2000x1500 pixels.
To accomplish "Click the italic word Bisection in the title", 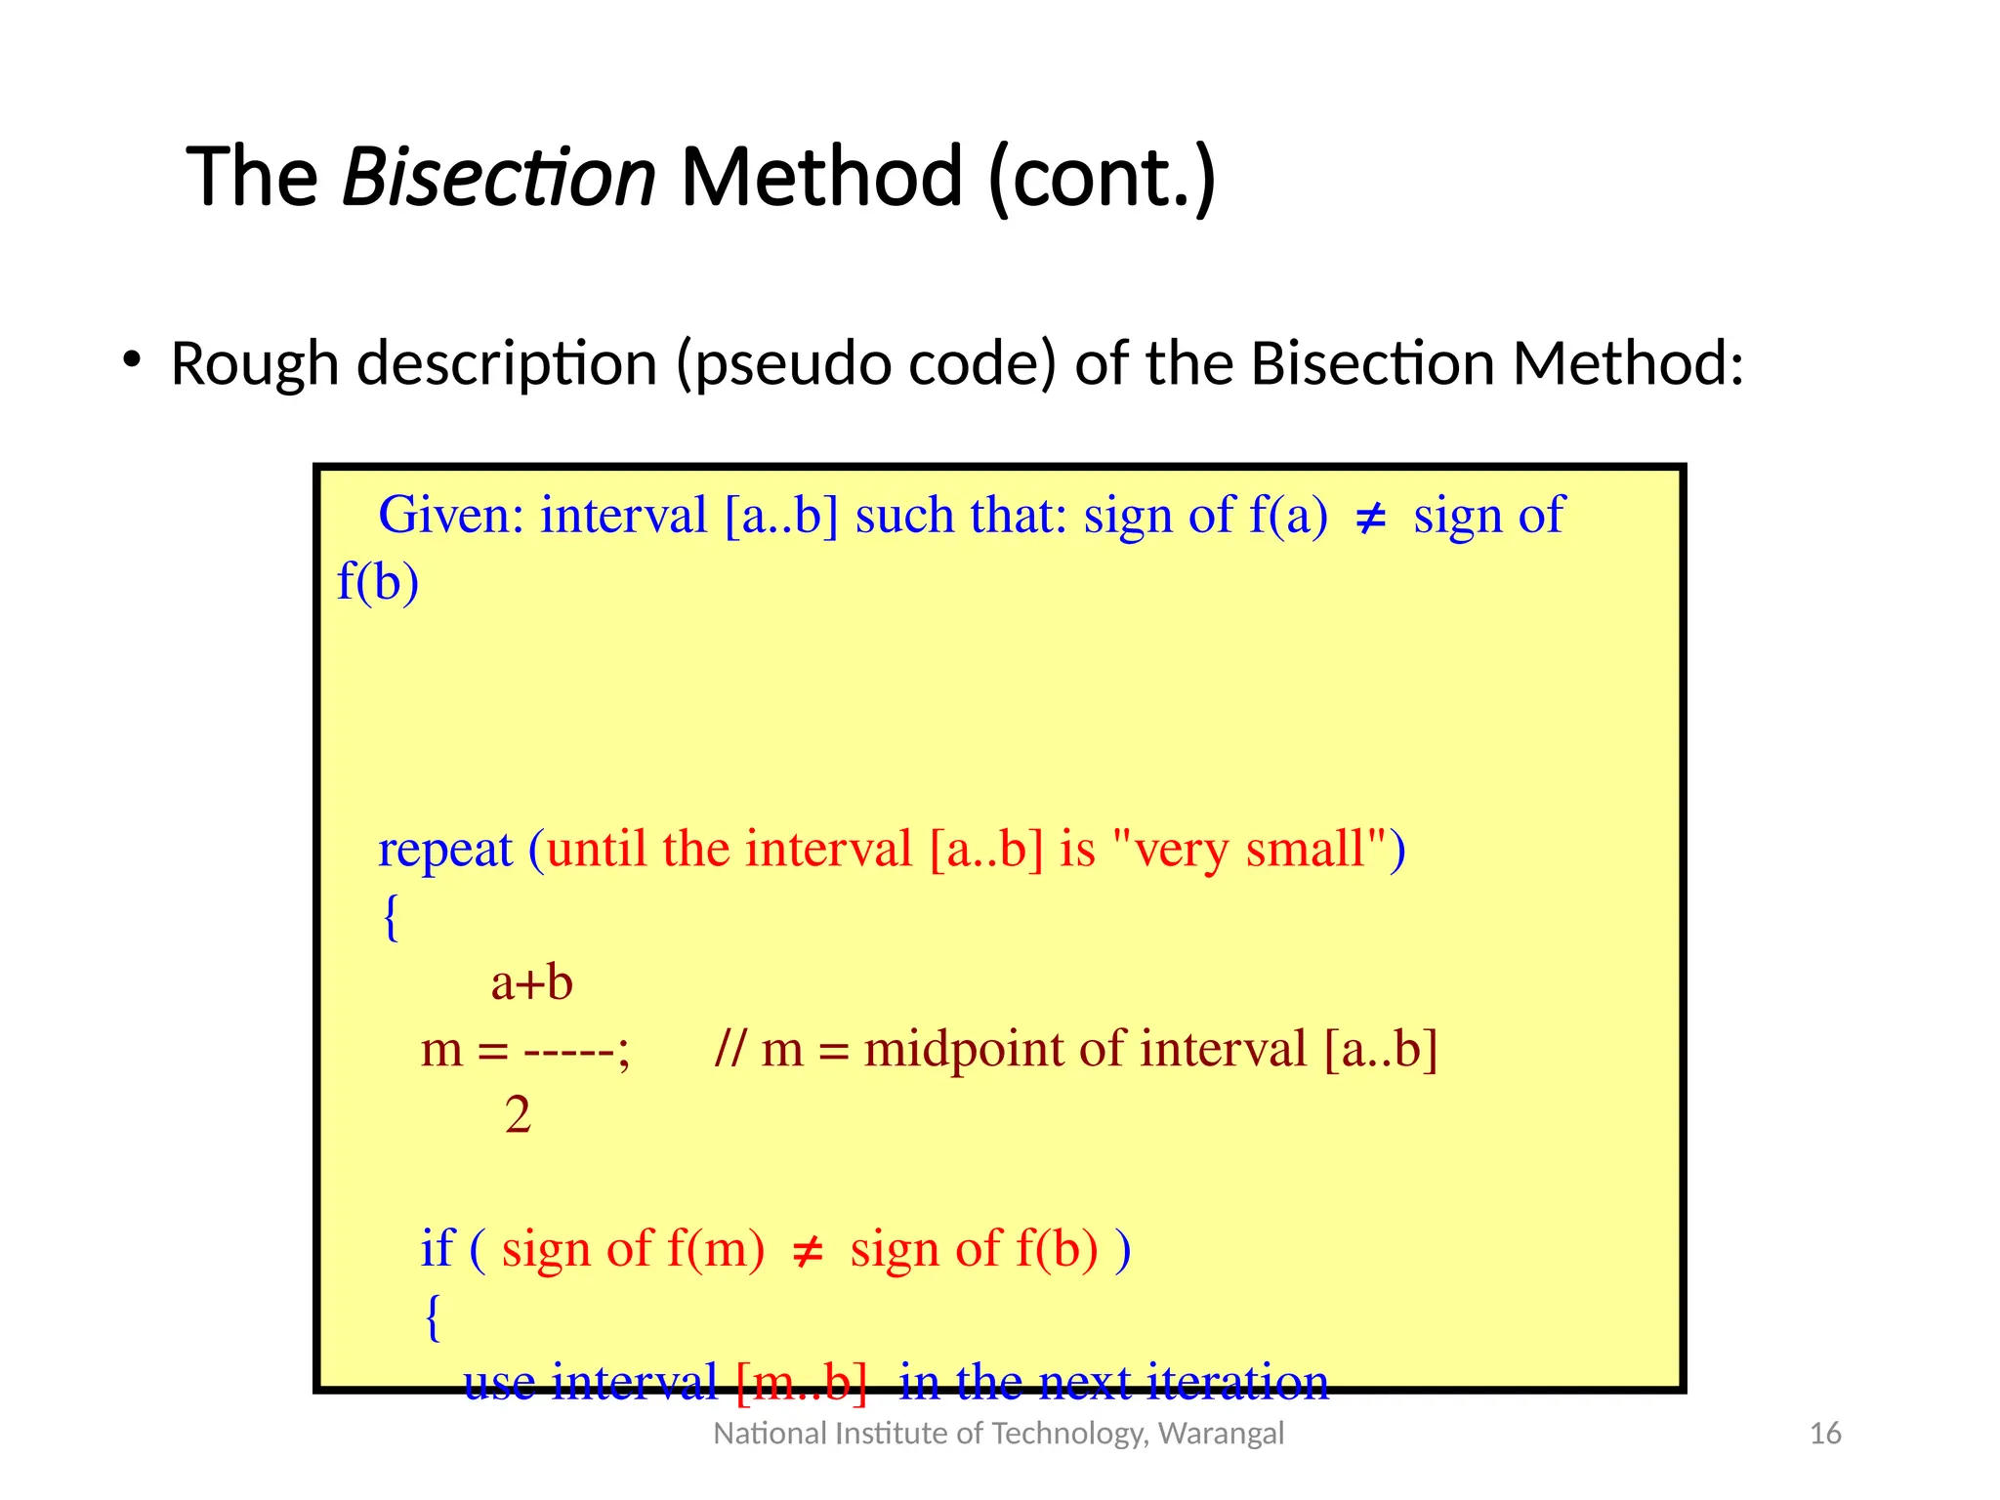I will point(498,177).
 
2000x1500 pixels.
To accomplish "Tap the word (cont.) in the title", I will point(1102,177).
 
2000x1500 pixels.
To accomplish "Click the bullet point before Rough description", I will point(132,360).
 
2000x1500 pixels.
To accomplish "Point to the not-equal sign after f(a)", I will point(1371,519).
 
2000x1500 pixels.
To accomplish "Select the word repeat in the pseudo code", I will point(444,850).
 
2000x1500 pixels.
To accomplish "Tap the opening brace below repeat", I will point(391,917).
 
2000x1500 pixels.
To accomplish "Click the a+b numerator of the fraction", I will point(531,982).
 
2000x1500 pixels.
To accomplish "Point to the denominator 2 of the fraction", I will point(518,1114).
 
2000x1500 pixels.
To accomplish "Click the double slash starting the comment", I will point(729,1049).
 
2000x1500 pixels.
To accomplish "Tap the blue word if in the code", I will point(437,1248).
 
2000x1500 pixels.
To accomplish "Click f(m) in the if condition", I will point(716,1249).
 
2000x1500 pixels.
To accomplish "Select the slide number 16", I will point(1824,1433).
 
